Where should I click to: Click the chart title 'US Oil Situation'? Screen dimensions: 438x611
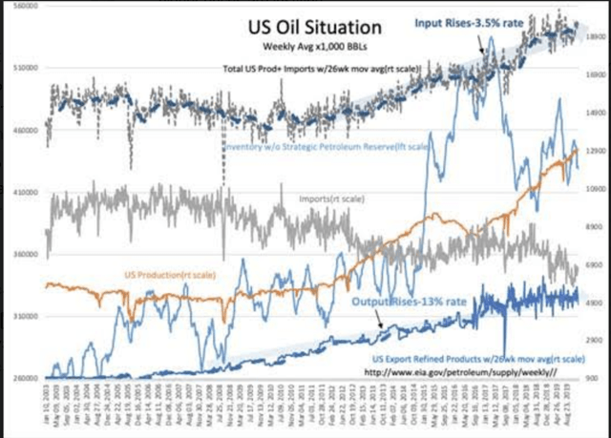(x=295, y=27)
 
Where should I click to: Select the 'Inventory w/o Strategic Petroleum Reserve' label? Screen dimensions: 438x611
(x=326, y=148)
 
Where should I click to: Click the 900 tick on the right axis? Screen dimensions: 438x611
(x=591, y=379)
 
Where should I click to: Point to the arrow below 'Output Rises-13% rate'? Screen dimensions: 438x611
(x=384, y=324)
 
